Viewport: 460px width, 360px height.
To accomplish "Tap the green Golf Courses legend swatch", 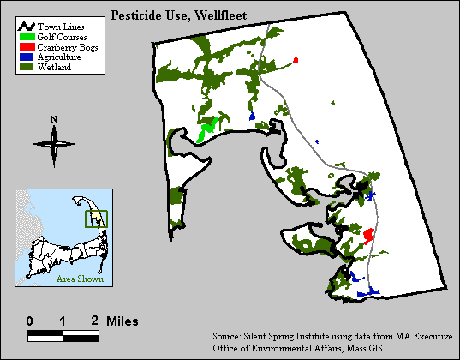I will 27,39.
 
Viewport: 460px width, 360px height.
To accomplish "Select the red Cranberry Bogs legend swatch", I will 27,48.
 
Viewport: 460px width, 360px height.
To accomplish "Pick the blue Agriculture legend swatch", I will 27,57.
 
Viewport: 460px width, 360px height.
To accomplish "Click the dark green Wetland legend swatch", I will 27,66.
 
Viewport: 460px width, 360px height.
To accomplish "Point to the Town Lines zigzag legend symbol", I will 27,29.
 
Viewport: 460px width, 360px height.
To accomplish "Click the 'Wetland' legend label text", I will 54,66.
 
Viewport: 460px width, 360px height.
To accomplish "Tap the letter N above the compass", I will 54,119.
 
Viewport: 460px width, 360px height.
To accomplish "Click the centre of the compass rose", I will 54,143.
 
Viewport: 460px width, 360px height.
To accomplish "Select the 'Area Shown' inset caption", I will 80,279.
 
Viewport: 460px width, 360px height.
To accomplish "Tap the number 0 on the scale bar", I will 30,321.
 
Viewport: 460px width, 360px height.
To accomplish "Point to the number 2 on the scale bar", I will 95,321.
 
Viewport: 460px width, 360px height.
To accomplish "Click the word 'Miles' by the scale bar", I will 122,321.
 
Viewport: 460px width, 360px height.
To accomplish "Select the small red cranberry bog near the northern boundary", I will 296,60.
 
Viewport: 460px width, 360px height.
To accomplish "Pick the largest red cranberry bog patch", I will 368,236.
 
